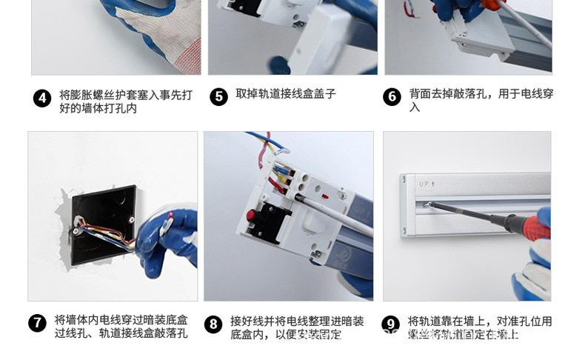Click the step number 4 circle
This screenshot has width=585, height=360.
click(x=42, y=98)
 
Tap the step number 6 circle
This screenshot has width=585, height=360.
click(x=392, y=97)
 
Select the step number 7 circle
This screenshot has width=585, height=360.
click(x=37, y=324)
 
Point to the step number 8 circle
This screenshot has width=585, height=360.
click(x=213, y=324)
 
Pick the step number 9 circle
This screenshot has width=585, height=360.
click(x=390, y=324)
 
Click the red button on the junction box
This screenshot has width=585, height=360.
click(x=251, y=216)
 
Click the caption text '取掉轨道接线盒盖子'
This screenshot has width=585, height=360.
click(x=286, y=94)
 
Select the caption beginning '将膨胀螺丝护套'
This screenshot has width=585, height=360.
click(x=125, y=101)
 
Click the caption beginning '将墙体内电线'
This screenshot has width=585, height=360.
click(x=121, y=327)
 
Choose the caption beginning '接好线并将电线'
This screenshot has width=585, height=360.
click(x=297, y=327)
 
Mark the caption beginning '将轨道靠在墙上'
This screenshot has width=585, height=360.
click(x=479, y=327)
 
